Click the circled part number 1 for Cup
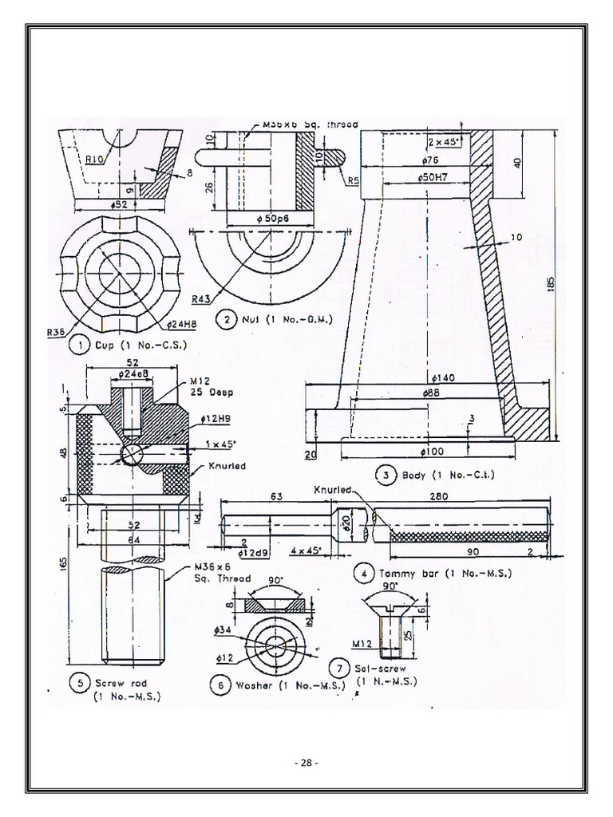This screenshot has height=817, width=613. click(x=79, y=345)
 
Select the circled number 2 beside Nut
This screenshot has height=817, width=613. click(x=228, y=320)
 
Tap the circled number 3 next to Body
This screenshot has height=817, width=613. click(x=386, y=475)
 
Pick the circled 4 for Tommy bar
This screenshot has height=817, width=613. click(x=364, y=573)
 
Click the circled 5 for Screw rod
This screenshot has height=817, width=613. click(x=78, y=683)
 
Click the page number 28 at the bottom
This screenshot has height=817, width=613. click(x=306, y=763)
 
